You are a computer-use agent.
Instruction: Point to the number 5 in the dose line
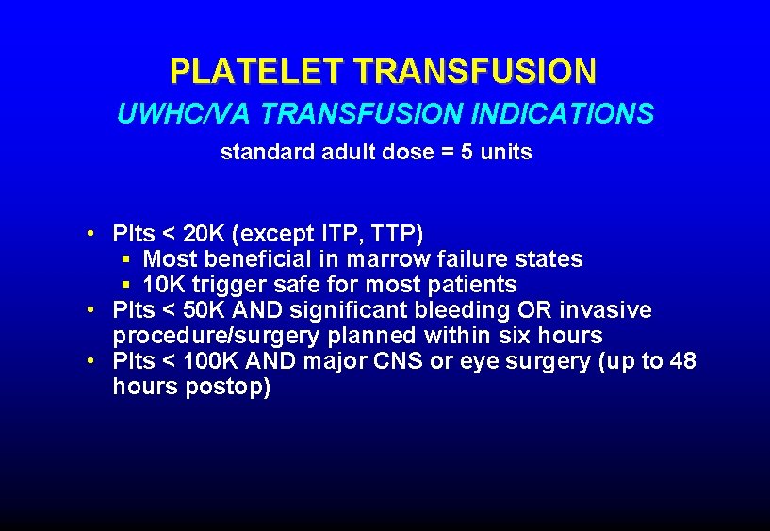[467, 152]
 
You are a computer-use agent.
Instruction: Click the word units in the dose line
[506, 152]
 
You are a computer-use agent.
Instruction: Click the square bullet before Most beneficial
[125, 258]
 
